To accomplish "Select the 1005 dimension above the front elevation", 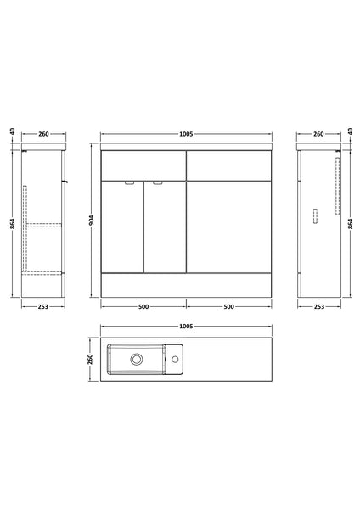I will (x=187, y=134).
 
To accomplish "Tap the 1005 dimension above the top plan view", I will (x=187, y=326).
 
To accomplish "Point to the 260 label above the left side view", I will (x=43, y=134).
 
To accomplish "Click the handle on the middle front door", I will (x=157, y=182).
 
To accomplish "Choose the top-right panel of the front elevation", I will (x=230, y=165).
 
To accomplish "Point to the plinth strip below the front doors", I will (x=187, y=284).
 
